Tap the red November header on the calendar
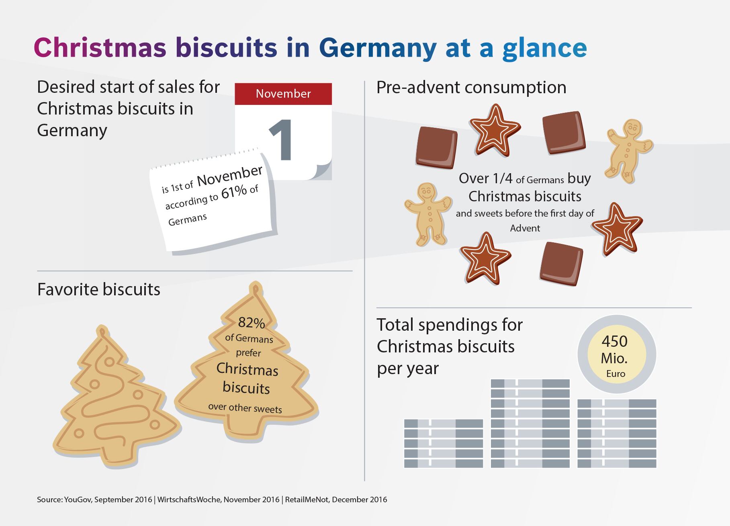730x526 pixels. pos(283,94)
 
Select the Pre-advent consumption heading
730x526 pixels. pos(471,87)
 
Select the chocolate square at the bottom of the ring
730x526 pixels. pos(561,264)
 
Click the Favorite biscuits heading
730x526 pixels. pos(98,289)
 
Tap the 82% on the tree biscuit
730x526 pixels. pos(251,322)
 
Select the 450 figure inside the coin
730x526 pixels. pos(614,342)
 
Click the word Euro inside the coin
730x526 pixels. pos(615,374)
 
